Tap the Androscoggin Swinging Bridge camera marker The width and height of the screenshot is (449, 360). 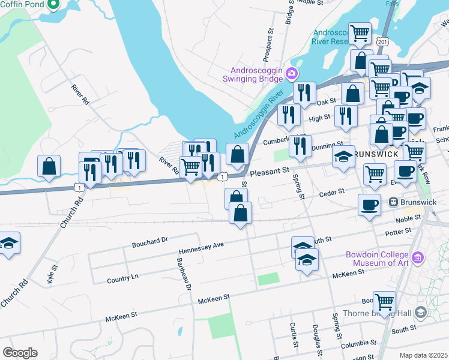292,73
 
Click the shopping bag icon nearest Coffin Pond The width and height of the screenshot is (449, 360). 49,166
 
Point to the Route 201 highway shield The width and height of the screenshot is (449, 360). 382,41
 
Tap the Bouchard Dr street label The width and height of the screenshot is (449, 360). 149,242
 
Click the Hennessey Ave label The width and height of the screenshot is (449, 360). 201,248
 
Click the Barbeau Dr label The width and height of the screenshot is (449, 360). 182,274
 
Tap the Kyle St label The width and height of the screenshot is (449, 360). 52,274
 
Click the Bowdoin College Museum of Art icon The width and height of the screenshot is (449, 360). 418,259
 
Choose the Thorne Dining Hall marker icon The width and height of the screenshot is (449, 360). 420,313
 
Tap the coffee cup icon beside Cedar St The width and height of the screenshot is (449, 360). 369,204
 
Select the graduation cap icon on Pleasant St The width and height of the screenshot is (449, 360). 344,157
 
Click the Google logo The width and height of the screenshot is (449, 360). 20,353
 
